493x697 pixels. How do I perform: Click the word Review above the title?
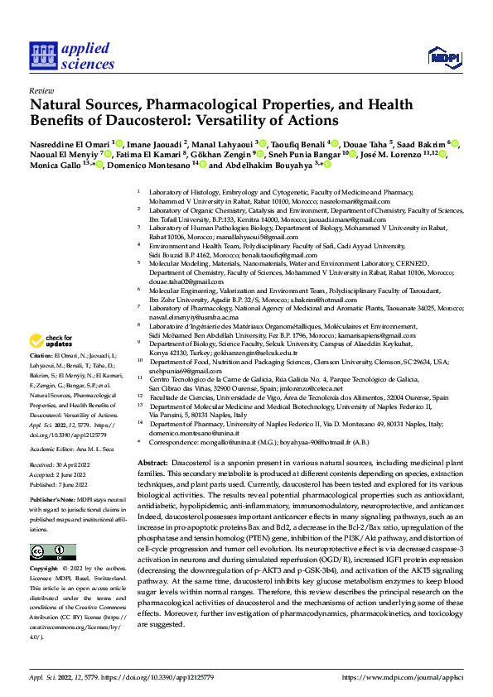41,89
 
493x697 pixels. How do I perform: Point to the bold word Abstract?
152,461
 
